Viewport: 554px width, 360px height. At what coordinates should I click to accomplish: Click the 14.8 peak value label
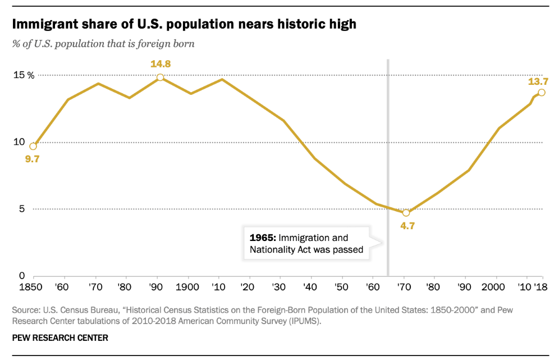point(160,64)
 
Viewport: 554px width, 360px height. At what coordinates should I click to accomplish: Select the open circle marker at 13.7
point(541,93)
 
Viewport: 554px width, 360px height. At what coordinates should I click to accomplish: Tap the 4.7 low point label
point(406,226)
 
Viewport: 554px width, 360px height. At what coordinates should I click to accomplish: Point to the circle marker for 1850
point(33,147)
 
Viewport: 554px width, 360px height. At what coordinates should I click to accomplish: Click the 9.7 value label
point(32,159)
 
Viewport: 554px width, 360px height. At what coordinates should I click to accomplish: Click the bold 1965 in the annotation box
point(262,238)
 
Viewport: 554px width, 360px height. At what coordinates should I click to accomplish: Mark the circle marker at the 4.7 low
point(406,213)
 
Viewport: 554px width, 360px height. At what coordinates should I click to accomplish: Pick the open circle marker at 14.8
point(160,78)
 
